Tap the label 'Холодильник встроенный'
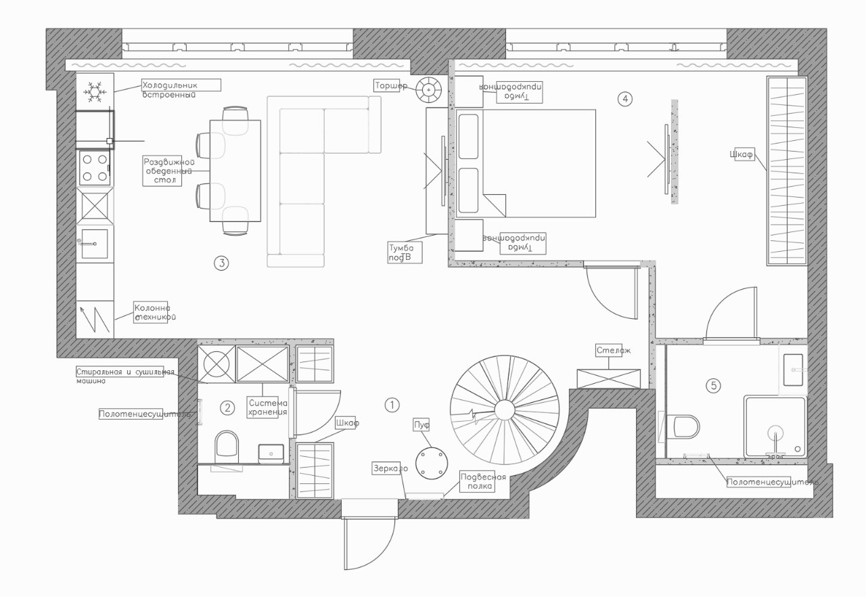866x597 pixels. pyautogui.click(x=181, y=89)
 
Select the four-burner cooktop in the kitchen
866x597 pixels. pyautogui.click(x=95, y=168)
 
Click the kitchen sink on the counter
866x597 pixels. pyautogui.click(x=93, y=243)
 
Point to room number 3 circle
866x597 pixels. pyautogui.click(x=221, y=263)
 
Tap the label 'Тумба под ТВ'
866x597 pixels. pyautogui.click(x=405, y=252)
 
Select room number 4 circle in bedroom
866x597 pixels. pyautogui.click(x=625, y=99)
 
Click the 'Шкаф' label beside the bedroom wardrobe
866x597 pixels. pyautogui.click(x=742, y=154)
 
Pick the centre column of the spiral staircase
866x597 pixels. pyautogui.click(x=505, y=410)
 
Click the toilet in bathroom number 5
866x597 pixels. pyautogui.click(x=686, y=426)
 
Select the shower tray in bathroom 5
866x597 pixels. pyautogui.click(x=775, y=427)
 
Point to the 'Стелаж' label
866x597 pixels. pyautogui.click(x=614, y=351)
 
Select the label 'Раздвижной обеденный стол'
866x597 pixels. pyautogui.click(x=162, y=171)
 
